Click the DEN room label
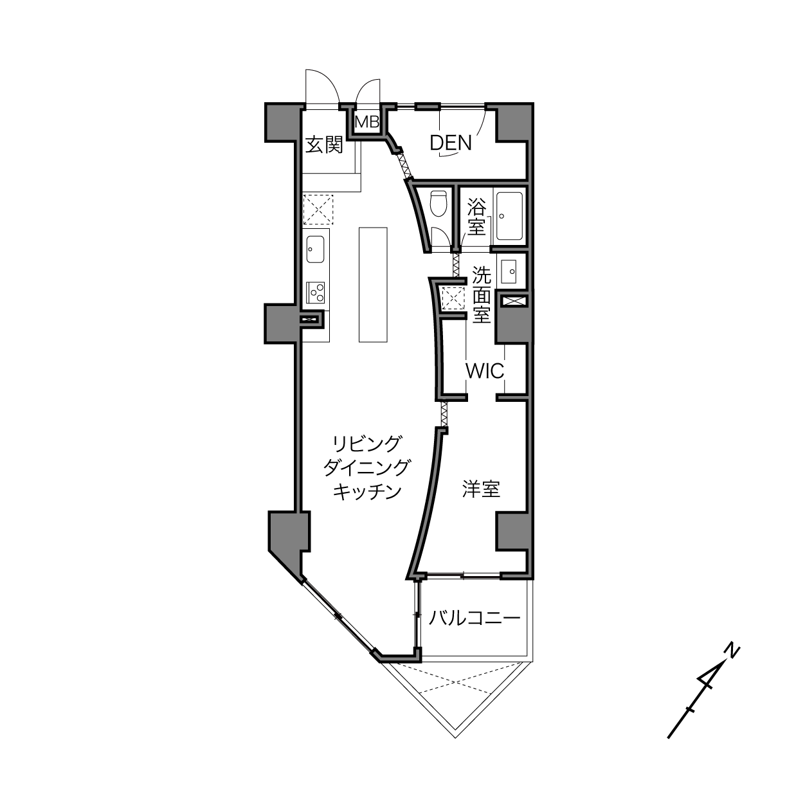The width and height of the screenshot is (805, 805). click(451, 143)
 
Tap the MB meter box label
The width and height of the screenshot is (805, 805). click(366, 122)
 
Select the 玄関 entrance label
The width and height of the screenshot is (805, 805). click(324, 145)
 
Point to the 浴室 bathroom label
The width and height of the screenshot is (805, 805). click(476, 217)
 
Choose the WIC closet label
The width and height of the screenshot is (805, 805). click(485, 370)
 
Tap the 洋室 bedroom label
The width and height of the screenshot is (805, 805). click(481, 489)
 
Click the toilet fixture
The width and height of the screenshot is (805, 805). click(439, 203)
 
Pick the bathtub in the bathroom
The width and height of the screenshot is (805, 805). click(509, 216)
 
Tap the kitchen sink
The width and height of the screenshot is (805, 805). click(316, 249)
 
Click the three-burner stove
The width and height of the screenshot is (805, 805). click(316, 293)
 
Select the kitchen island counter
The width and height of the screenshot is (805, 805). click(373, 285)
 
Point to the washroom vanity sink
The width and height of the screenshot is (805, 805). click(509, 271)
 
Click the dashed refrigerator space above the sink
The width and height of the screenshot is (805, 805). click(318, 210)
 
